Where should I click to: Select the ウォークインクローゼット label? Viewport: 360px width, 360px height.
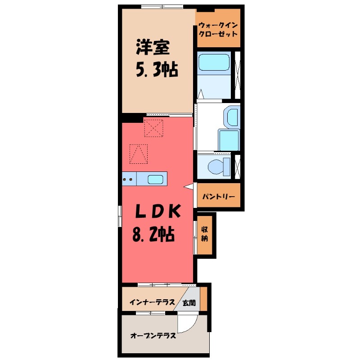click(218, 30)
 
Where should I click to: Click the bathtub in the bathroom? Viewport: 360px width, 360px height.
click(214, 63)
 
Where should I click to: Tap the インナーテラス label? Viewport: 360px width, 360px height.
click(152, 302)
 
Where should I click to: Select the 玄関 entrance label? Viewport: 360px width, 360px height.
click(189, 303)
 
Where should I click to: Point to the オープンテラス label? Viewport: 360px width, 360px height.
click(153, 335)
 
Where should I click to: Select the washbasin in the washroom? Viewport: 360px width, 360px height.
click(232, 117)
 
